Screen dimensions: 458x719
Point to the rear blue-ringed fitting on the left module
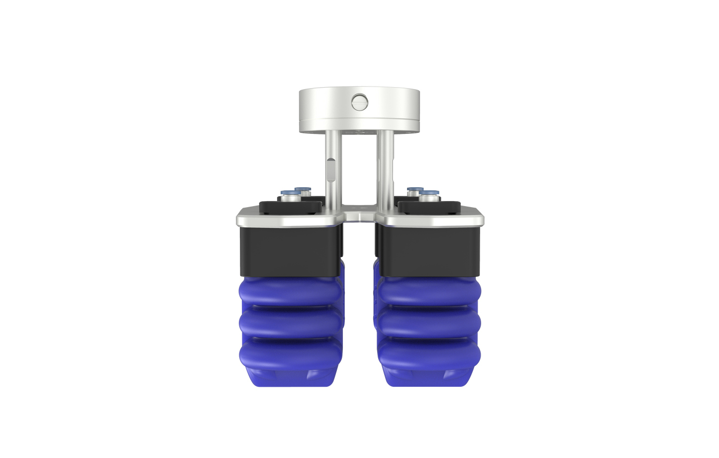[302, 190]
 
